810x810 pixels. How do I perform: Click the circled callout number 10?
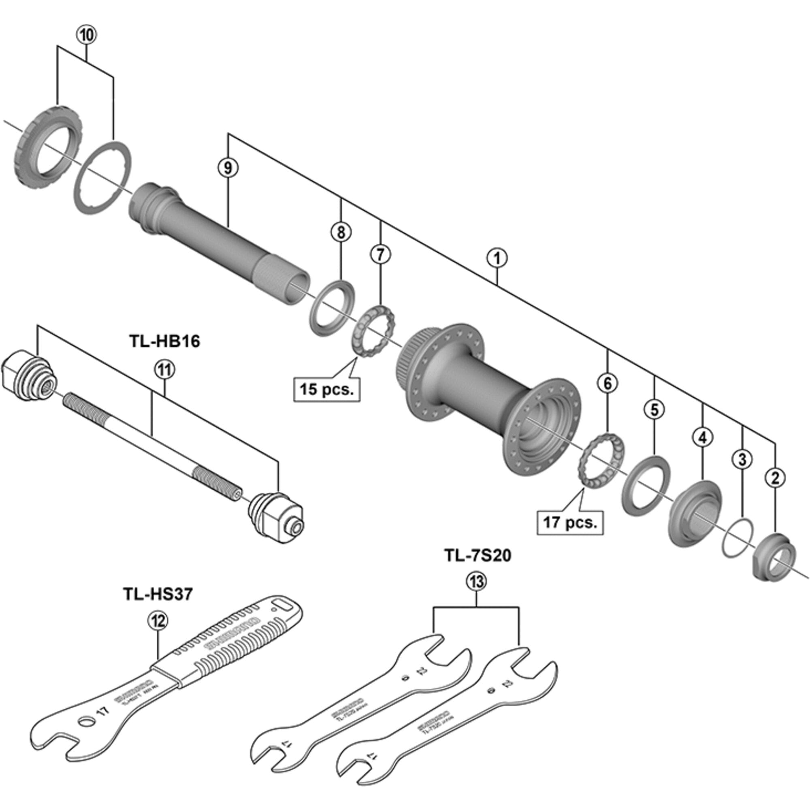pos(86,35)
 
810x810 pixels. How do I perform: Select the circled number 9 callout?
pos(228,168)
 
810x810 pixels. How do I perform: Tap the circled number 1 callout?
pos(497,258)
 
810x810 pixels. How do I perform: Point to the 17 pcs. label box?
pos(570,522)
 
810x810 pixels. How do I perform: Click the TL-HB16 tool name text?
pos(165,341)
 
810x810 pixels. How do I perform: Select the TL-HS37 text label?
pos(158,594)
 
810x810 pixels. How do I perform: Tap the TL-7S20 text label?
pos(478,556)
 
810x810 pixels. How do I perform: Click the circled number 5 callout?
pos(654,409)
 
